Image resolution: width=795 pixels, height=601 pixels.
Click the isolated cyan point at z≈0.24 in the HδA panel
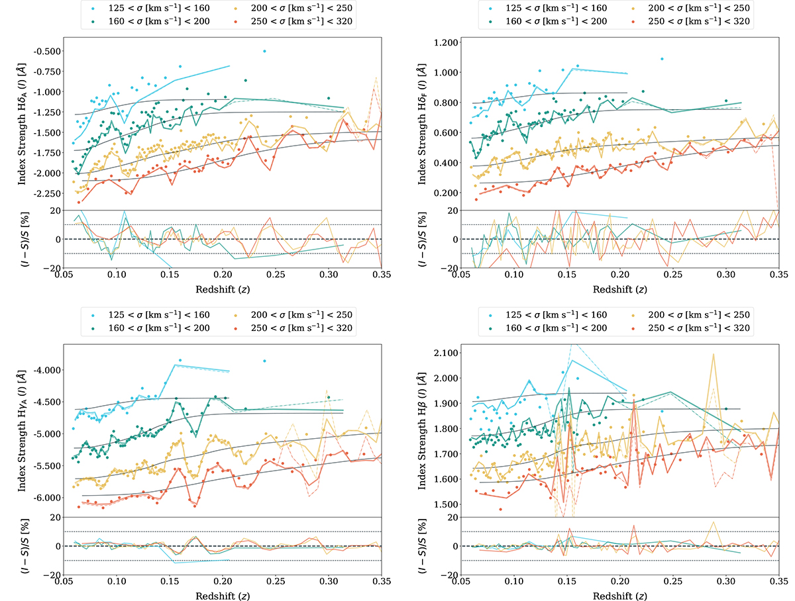point(264,51)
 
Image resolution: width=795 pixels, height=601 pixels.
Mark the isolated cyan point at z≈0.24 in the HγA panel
point(264,361)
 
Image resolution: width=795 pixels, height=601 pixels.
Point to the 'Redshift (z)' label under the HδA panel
point(223,289)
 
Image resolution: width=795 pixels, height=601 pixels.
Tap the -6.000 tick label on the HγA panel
point(46,497)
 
